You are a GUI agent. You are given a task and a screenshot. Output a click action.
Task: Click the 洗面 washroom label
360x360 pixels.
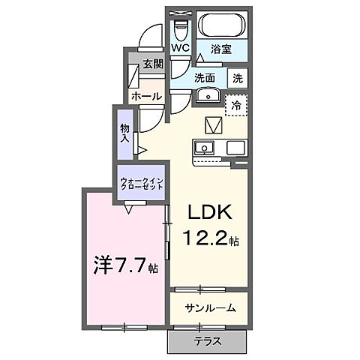click(205, 76)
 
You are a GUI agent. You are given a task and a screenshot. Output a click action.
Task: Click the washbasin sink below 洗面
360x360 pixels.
click(207, 95)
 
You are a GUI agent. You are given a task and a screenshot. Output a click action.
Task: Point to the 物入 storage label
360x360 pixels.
click(124, 133)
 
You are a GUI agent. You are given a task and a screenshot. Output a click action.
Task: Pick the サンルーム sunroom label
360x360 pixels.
click(211, 307)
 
